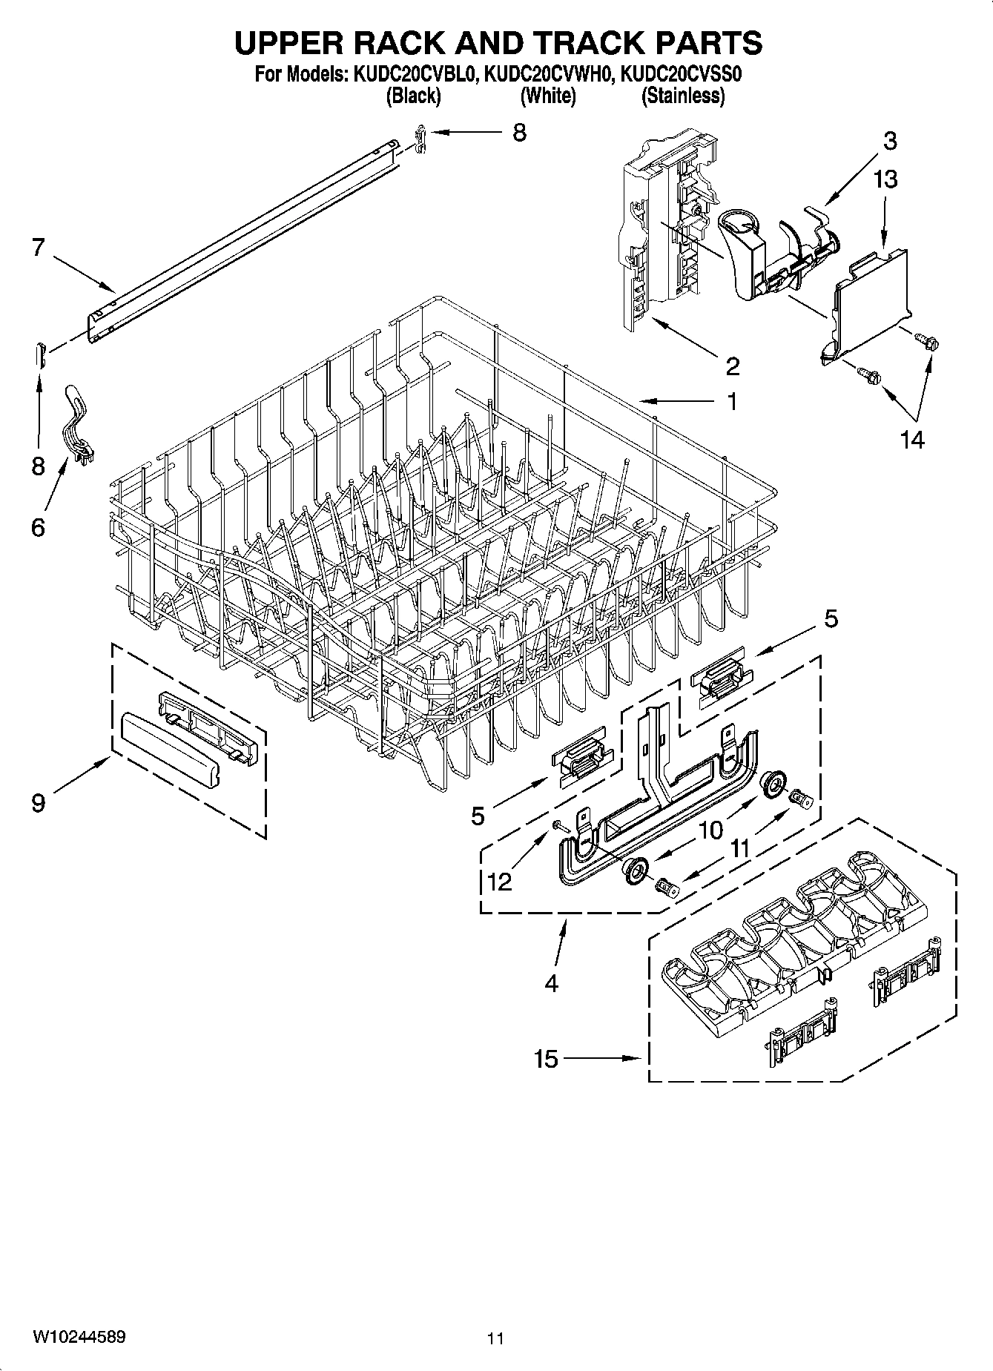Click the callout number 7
click(39, 248)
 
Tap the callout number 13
click(885, 179)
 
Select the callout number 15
click(545, 1059)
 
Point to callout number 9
click(38, 802)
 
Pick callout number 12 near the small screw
click(500, 882)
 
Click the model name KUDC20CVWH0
click(547, 74)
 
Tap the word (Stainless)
click(682, 96)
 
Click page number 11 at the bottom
click(495, 1338)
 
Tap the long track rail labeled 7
click(245, 237)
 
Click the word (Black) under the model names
click(413, 96)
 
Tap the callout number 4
click(550, 983)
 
